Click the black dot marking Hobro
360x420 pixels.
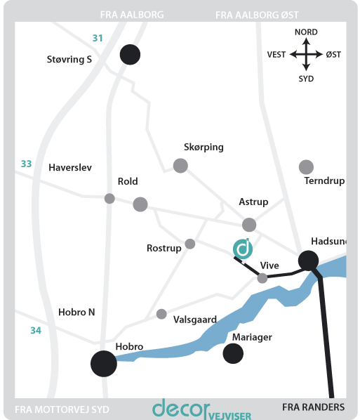click(104, 364)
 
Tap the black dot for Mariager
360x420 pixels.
click(233, 353)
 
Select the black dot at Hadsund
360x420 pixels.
click(308, 261)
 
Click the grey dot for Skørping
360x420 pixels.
click(180, 166)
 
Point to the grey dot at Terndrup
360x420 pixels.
click(306, 167)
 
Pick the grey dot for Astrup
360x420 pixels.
click(249, 225)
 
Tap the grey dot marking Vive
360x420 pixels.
click(262, 278)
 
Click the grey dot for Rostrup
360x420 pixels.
click(190, 244)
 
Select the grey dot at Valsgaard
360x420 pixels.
click(161, 314)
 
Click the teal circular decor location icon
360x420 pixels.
click(243, 249)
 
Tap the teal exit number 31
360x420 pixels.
click(98, 38)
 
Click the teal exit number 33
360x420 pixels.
click(26, 164)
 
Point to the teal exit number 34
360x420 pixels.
click(36, 330)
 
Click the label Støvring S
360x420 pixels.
click(69, 59)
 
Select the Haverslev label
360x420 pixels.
click(70, 168)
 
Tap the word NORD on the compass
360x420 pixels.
click(306, 32)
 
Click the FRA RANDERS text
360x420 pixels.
click(314, 407)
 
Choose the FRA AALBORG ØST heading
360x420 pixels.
click(257, 15)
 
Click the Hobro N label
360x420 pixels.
click(76, 312)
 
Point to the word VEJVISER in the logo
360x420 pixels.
click(230, 416)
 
